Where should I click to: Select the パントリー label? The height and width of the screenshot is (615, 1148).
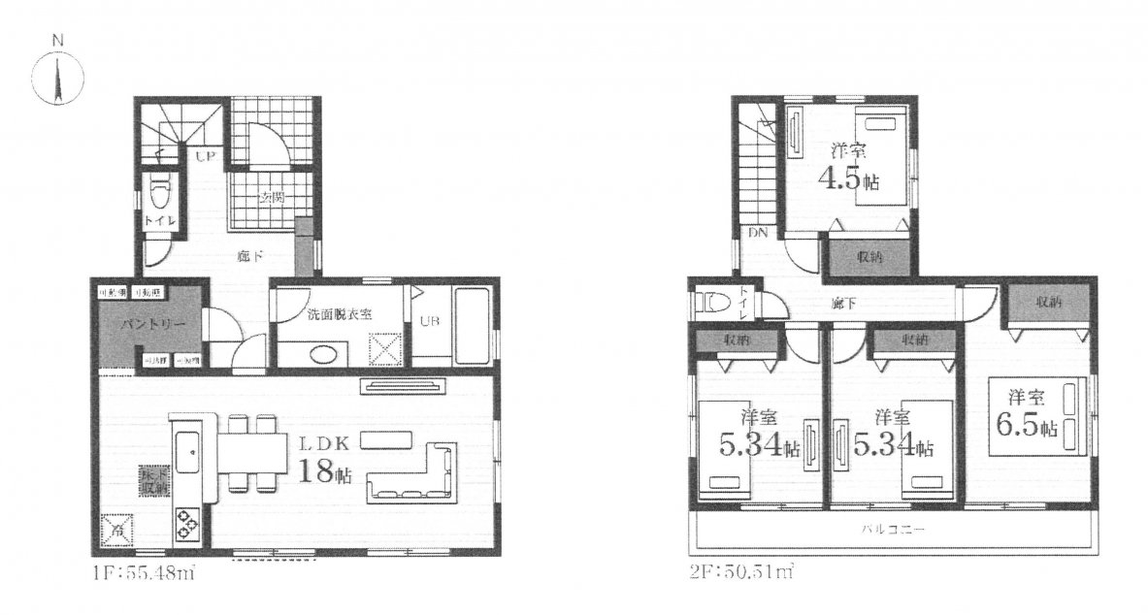point(146,325)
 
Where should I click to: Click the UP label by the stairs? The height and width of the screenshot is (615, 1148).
point(206,155)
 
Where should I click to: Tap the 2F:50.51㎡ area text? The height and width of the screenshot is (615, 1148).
point(737,576)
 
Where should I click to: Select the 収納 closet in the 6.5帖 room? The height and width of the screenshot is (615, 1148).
point(1046,303)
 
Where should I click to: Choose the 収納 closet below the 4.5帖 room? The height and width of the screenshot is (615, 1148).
point(869,257)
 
